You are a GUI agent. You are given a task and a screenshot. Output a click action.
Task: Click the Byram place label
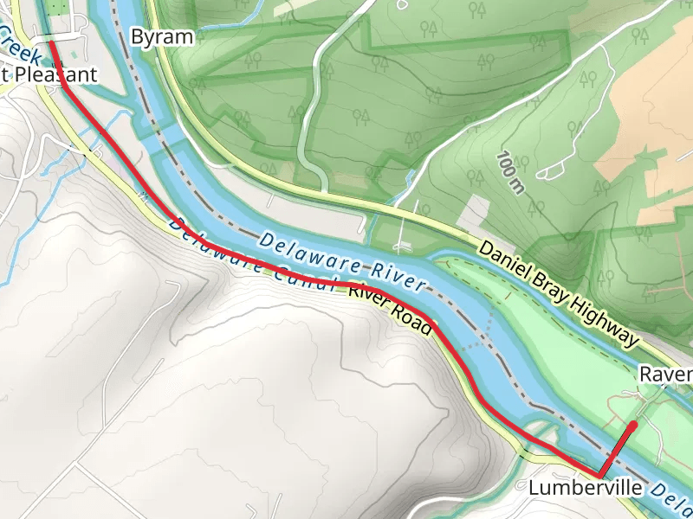pos(161,36)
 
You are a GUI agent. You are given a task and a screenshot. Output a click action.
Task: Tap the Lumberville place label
pos(585,489)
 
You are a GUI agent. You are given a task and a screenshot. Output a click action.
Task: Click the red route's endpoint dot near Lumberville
pos(633,425)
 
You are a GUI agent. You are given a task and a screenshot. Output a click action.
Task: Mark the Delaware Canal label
pos(251,259)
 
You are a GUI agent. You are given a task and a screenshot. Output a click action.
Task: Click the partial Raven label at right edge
pos(667,375)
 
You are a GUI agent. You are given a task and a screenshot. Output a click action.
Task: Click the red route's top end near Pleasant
pos(50,41)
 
